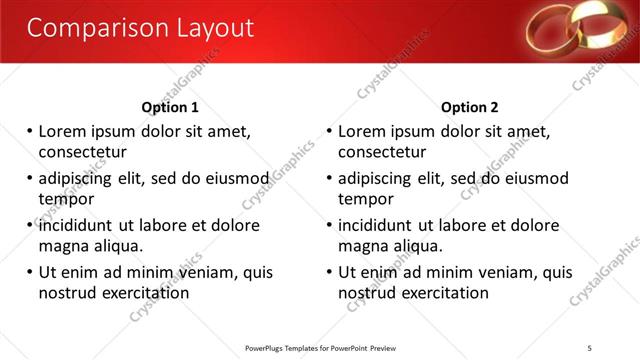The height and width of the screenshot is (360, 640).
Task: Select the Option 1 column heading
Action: [170, 107]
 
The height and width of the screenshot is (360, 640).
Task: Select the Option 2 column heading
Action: [469, 107]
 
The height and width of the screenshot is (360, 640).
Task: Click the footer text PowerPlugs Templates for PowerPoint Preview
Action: [320, 348]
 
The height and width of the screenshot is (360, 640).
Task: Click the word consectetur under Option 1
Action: [82, 152]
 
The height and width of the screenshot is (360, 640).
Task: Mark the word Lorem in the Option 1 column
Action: [63, 131]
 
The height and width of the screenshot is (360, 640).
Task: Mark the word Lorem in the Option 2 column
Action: [363, 131]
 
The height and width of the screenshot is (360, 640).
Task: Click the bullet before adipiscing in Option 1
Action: [30, 179]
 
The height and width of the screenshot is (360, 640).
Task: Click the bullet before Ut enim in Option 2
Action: [330, 272]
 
